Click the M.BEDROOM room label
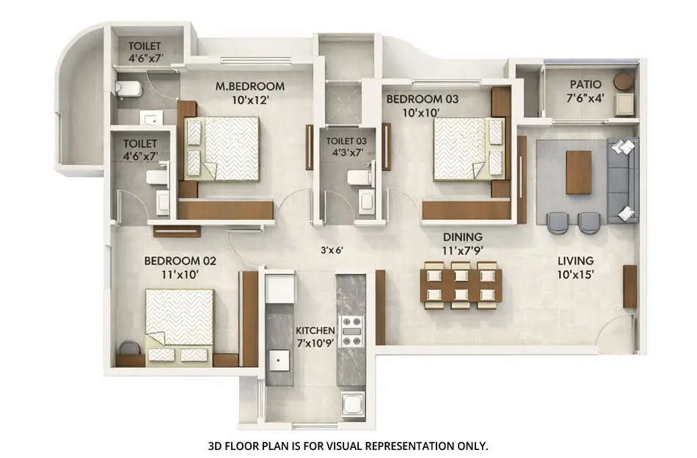point(249,86)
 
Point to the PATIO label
point(585,85)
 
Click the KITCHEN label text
point(315,330)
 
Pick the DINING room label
point(462,237)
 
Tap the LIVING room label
point(575,261)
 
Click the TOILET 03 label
point(346,139)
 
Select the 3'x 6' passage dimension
point(332,250)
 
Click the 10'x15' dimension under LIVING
point(575,274)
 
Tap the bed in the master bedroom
point(223,149)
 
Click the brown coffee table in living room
point(578,171)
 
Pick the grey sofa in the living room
point(623,180)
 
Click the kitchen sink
point(278,362)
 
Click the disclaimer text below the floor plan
point(348,445)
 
